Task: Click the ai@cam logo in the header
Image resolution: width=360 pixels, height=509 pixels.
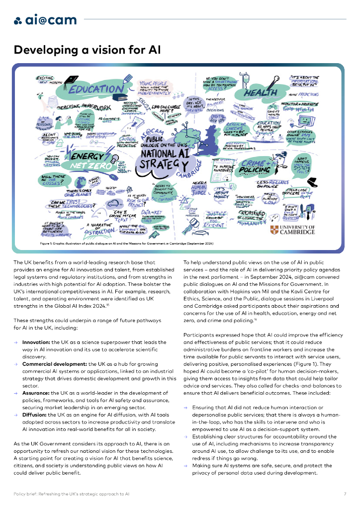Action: pos(45,20)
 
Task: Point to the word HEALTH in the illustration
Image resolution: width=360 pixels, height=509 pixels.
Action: pos(260,92)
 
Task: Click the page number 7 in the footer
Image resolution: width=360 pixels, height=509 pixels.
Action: pos(345,494)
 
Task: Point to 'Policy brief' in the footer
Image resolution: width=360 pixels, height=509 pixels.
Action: pos(25,494)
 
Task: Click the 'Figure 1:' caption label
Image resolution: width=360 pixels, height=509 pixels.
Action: pos(48,244)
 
